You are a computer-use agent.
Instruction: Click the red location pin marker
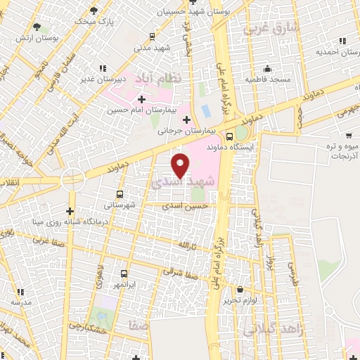181,165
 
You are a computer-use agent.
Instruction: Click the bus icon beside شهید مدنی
153,37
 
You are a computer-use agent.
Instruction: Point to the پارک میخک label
96,22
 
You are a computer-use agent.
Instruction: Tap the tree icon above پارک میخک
95,11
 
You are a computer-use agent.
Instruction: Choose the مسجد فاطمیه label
268,79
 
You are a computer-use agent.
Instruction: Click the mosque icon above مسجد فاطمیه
266,69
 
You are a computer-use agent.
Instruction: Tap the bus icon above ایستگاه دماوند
229,137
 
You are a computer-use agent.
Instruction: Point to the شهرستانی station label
119,205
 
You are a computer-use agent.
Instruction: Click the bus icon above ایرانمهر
124,274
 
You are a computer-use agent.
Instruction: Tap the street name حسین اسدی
185,206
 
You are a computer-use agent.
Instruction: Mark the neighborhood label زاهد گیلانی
275,328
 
